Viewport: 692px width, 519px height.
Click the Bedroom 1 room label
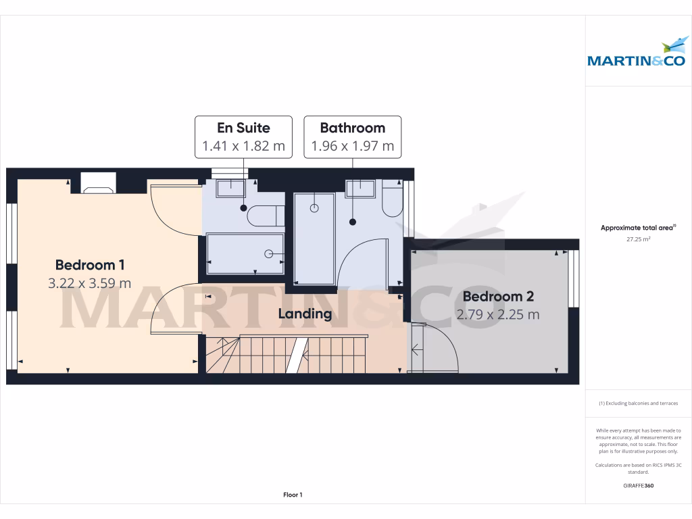tap(90, 265)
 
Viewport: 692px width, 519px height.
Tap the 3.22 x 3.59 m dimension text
tap(90, 283)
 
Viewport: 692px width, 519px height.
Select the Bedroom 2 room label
tap(498, 296)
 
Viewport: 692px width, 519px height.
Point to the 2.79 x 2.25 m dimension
tap(498, 314)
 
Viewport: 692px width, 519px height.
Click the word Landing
tap(305, 314)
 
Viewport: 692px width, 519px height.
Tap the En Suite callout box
tap(243, 137)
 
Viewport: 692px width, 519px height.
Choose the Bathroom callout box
tap(352, 137)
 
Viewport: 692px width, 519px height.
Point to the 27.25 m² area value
tap(638, 239)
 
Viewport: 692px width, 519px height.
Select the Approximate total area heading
tap(637, 228)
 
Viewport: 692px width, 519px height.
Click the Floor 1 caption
tap(293, 495)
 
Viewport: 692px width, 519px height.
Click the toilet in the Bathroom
tap(392, 197)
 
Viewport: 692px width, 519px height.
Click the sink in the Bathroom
tap(360, 188)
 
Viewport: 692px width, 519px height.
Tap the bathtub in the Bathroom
tap(314, 238)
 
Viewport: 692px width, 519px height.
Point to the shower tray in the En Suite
tap(245, 254)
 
